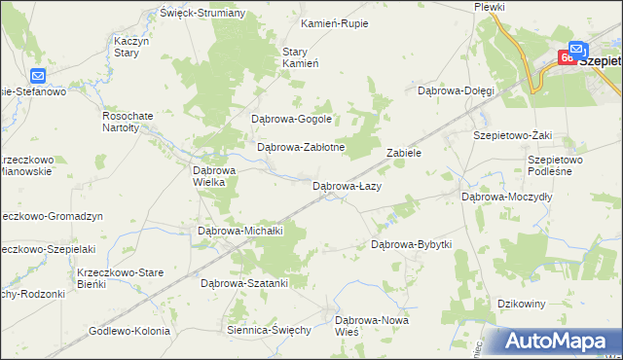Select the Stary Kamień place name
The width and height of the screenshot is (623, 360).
tap(301, 57)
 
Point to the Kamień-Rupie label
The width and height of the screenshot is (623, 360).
tap(335, 22)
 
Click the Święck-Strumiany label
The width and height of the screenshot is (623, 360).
tap(202, 13)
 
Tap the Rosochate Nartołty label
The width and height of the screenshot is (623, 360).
tap(128, 120)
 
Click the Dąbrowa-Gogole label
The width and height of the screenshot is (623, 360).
tap(292, 120)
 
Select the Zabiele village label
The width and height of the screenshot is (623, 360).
tap(403, 153)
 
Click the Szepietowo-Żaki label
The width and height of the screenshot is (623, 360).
tap(511, 136)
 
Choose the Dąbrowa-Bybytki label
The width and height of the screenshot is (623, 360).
tap(412, 244)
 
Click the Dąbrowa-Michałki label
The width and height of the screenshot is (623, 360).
tap(239, 231)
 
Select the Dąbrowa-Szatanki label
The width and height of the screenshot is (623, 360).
tap(244, 283)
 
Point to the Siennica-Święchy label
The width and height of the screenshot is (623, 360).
tap(268, 330)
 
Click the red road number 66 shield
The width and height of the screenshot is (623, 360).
tap(567, 58)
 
